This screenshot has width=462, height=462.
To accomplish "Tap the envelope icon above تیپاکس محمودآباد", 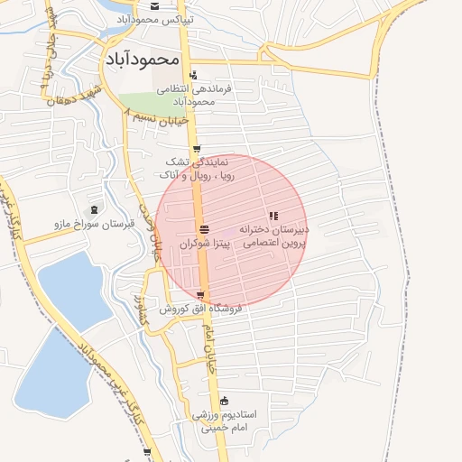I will [x=154, y=5].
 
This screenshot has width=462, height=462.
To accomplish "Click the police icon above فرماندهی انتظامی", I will [x=193, y=76].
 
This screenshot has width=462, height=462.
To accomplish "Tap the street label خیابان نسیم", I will [x=160, y=118].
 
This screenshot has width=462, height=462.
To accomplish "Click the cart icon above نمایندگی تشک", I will [x=197, y=150].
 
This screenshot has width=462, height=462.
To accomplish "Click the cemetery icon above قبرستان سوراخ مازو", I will [x=95, y=209].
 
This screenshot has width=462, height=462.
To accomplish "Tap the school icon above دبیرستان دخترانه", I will [x=273, y=216].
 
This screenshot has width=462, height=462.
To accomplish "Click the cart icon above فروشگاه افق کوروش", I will [x=200, y=295].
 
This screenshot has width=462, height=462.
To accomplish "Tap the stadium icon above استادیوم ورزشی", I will [x=224, y=401].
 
